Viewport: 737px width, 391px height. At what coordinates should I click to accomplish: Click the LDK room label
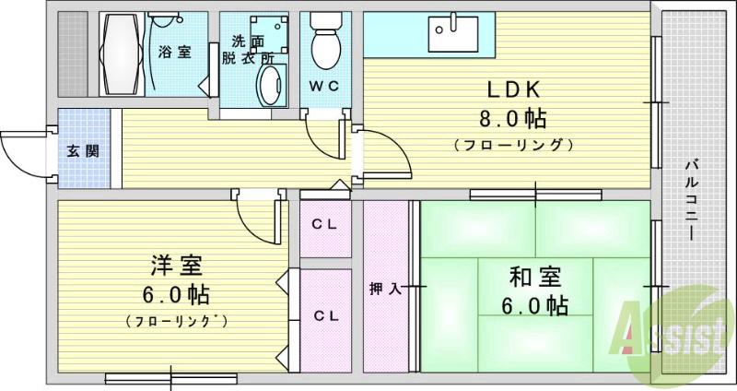513,90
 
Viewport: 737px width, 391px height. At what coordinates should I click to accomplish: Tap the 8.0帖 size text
513,119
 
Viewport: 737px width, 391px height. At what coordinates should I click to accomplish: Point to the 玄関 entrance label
83,150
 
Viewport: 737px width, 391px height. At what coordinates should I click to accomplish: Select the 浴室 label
175,52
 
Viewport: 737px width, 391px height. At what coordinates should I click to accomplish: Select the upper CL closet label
323,224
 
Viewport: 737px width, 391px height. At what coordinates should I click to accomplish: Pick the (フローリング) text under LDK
513,146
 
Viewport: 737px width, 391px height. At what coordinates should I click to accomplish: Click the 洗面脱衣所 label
251,49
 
